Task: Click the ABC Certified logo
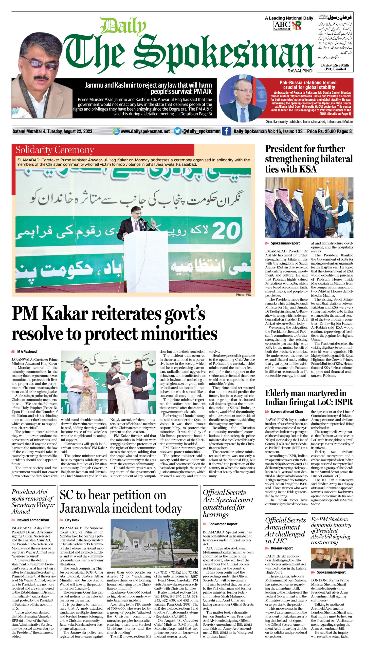coord(282,25)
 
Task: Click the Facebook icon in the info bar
coord(226,131)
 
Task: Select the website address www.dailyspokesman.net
coord(145,132)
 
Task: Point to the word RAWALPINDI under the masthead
coord(300,71)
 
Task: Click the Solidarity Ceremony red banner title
coord(55,150)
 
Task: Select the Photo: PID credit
coord(243,295)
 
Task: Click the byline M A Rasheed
coord(27,351)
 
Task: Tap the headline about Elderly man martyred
coord(308,398)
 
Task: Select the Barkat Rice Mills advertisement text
coord(335,67)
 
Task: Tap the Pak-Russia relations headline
coord(308,85)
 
